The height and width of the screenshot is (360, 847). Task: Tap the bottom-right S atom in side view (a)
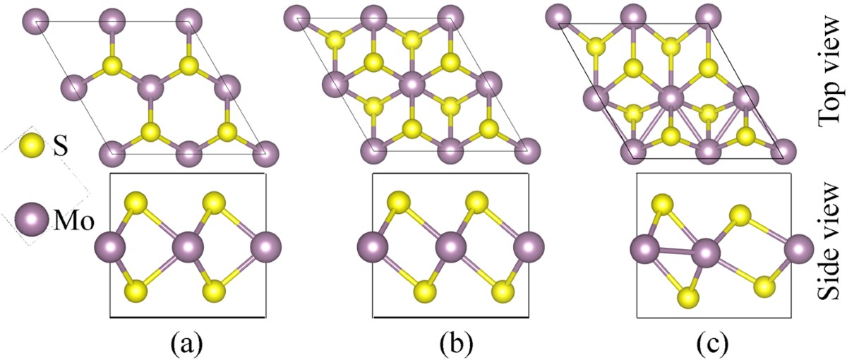[x=215, y=291]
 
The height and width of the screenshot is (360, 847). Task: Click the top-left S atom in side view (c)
[x=661, y=205]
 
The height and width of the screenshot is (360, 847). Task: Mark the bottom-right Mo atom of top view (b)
[x=529, y=150]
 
